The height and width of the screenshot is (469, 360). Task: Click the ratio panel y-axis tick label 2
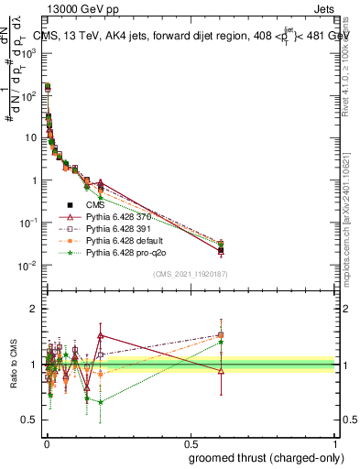click(x=33, y=310)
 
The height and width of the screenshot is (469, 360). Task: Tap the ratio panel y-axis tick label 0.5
click(x=29, y=420)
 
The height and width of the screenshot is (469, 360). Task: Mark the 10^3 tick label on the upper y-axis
click(x=29, y=53)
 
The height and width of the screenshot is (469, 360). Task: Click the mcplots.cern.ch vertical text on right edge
click(x=349, y=211)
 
